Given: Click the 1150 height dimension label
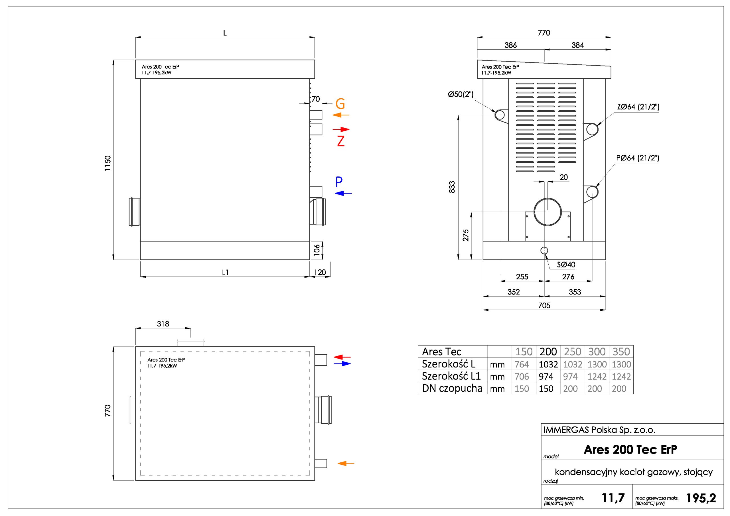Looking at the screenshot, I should click(108, 163).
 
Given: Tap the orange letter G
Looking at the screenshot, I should click(340, 104).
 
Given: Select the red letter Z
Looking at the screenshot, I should click(340, 141).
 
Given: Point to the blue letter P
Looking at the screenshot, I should click(339, 182).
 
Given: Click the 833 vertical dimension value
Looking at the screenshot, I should click(452, 187).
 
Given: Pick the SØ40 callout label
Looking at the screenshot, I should click(566, 265).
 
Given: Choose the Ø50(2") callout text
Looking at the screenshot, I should click(461, 94).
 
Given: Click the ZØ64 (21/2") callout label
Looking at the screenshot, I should click(638, 107).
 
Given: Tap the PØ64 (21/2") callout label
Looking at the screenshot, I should click(638, 158).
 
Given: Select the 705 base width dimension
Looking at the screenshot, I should click(544, 306).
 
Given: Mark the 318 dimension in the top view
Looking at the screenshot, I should click(163, 324).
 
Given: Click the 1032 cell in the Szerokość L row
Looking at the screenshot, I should click(548, 364).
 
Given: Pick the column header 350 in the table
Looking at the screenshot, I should click(621, 352).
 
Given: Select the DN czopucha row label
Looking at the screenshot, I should click(452, 389).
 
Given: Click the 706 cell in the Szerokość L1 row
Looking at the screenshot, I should click(522, 377).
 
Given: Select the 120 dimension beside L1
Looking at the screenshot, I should click(320, 273).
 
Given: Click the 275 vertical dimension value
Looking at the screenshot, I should click(466, 235).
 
